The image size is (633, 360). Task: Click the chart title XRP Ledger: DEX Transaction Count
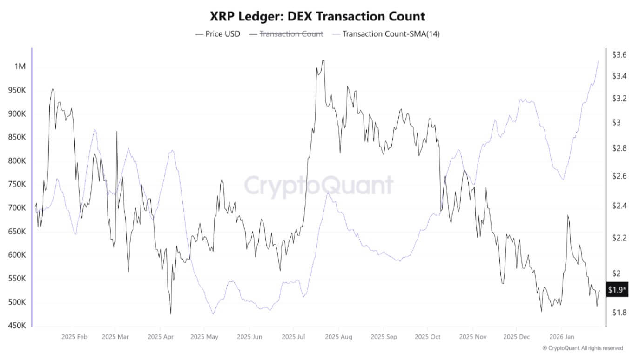(x=316, y=17)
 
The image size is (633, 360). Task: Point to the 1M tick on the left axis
(x=20, y=67)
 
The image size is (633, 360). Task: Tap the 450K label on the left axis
(x=17, y=326)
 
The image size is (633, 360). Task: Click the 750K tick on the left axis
(x=17, y=184)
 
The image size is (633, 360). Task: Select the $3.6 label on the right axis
(x=619, y=55)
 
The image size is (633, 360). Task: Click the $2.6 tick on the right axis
(x=619, y=176)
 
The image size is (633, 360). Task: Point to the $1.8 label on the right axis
(x=619, y=313)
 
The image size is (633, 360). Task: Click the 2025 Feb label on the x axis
(x=74, y=336)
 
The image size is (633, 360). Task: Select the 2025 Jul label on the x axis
(x=294, y=336)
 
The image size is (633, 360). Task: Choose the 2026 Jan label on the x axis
(x=561, y=336)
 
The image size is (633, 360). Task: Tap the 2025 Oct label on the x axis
(x=427, y=336)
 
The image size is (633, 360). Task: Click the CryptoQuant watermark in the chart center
(x=319, y=185)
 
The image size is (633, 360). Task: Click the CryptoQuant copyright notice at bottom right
(x=583, y=348)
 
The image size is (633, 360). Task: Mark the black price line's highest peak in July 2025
(x=323, y=61)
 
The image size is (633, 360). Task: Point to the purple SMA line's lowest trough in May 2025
(x=213, y=313)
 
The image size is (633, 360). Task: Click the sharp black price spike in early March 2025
(x=116, y=132)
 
